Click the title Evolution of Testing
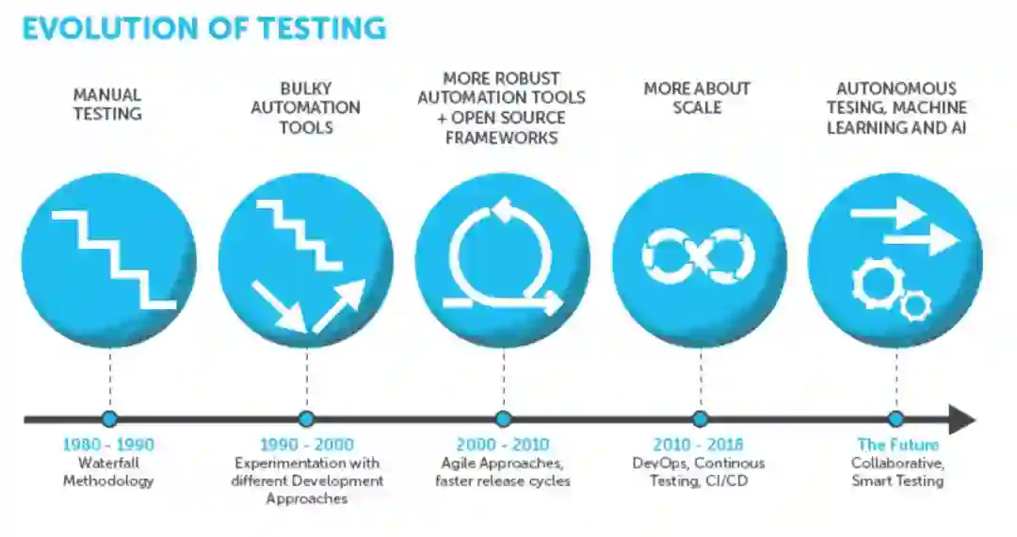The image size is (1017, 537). pos(203,28)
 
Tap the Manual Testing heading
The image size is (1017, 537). pos(107,105)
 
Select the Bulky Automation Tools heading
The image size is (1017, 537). pos(305,107)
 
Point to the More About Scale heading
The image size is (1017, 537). pos(697,98)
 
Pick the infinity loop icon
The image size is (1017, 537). pos(698,256)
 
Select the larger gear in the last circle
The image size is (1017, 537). pos(878,284)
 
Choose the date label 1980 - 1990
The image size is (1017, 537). pos(108,445)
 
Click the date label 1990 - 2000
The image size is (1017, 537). pos(306,445)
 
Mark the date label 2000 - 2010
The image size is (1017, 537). pos(503,445)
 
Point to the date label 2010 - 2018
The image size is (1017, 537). pos(698,445)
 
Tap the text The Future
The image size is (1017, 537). pos(897,445)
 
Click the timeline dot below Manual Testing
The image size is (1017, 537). pos(109,418)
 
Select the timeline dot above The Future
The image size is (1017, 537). pos(896,418)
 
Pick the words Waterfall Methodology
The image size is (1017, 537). pos(108,472)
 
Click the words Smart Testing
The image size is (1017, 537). pos(897,480)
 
